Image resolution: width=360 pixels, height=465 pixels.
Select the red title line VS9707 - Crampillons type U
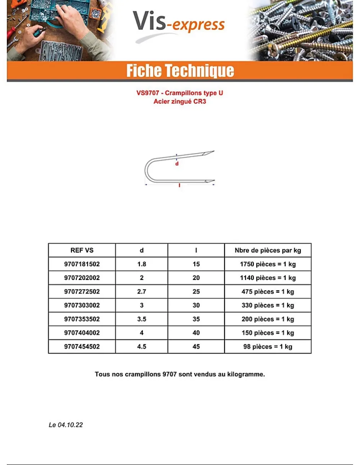pyautogui.click(x=180, y=93)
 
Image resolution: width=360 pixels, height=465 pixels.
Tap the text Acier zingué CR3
pyautogui.click(x=180, y=102)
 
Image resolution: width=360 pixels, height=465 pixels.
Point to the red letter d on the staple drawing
pyautogui.click(x=177, y=164)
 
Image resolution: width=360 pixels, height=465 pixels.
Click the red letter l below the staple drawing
pyautogui.click(x=180, y=185)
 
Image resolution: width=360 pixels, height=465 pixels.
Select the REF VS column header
pyautogui.click(x=82, y=251)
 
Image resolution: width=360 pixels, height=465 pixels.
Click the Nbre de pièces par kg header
pyautogui.click(x=268, y=251)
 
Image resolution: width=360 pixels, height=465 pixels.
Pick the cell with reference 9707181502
pyautogui.click(x=82, y=264)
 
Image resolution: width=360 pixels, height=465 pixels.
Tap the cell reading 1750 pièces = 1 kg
pyautogui.click(x=268, y=264)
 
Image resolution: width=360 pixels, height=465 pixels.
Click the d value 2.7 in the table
pyautogui.click(x=142, y=291)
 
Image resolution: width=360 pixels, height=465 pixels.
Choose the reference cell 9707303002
pyautogui.click(x=82, y=305)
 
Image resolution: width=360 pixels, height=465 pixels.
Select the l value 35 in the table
pyautogui.click(x=196, y=319)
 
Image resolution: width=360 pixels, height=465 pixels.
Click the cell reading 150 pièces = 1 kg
pyautogui.click(x=268, y=333)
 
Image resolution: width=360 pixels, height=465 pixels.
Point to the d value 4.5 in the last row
pyautogui.click(x=142, y=347)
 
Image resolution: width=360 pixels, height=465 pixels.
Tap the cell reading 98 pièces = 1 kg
pyautogui.click(x=268, y=347)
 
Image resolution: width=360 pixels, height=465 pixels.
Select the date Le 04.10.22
pyautogui.click(x=65, y=425)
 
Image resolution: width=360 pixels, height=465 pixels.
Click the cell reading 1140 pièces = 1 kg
pyautogui.click(x=268, y=278)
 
